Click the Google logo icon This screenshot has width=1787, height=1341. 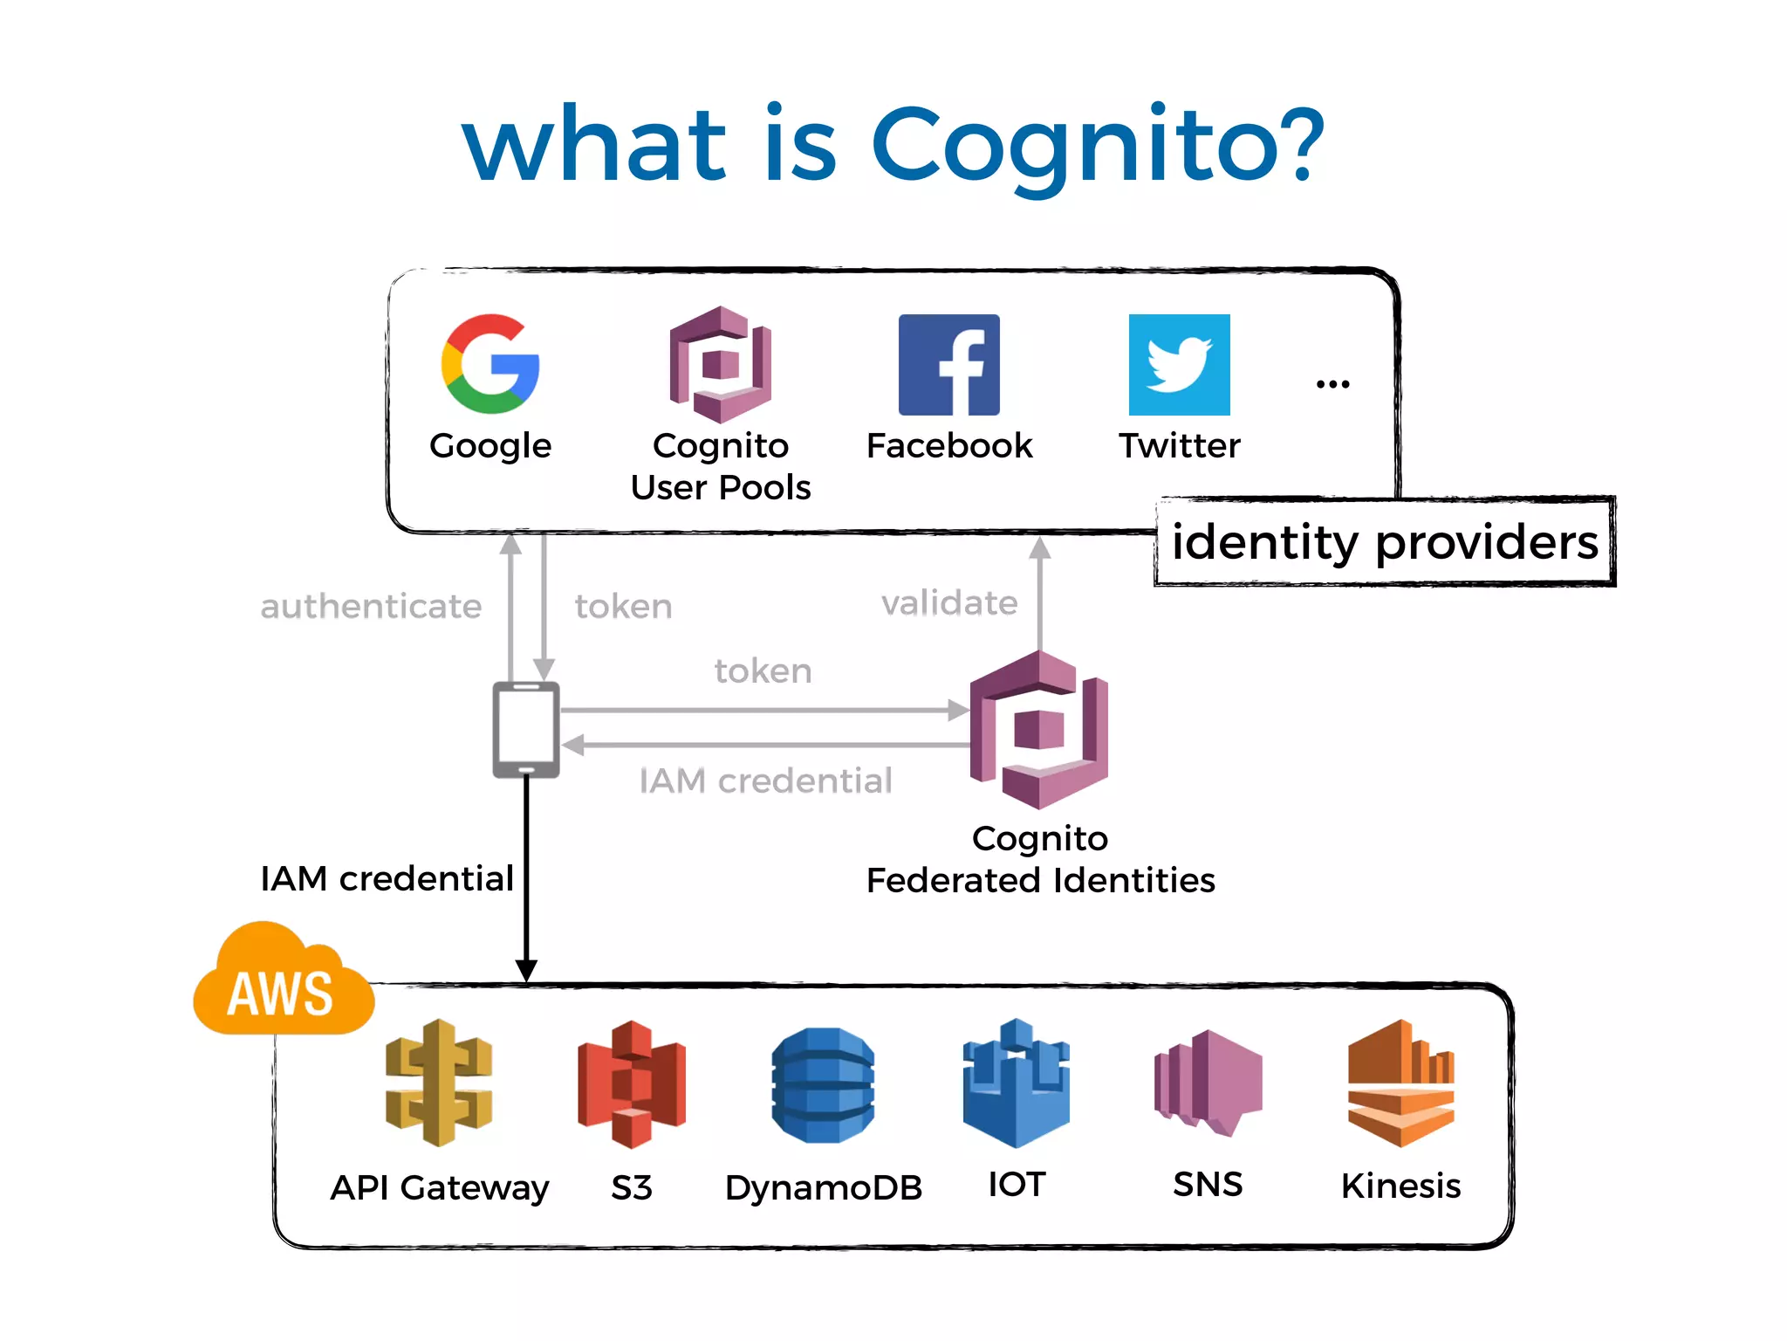(x=490, y=364)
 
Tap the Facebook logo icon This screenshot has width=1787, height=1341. (x=949, y=365)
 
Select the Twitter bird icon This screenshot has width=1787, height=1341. (x=1179, y=365)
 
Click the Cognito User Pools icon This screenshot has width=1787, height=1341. (x=721, y=365)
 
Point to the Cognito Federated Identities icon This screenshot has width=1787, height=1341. (x=1039, y=730)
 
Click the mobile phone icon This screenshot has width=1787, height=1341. (x=526, y=730)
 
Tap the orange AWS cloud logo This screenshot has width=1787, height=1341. (x=282, y=983)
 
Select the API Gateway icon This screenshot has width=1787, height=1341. (x=439, y=1083)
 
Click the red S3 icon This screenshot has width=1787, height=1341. (x=632, y=1083)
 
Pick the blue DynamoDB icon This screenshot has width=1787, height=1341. (x=823, y=1085)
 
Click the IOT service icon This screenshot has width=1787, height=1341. (x=1017, y=1083)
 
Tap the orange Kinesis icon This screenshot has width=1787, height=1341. (x=1400, y=1083)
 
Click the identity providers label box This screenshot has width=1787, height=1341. (x=1385, y=542)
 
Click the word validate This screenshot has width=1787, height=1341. (x=949, y=603)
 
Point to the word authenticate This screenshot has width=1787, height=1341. (x=371, y=607)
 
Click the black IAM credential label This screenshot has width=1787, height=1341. (x=387, y=879)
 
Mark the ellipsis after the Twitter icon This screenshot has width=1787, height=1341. (x=1332, y=383)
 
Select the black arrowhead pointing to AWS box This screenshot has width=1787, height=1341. (x=526, y=970)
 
